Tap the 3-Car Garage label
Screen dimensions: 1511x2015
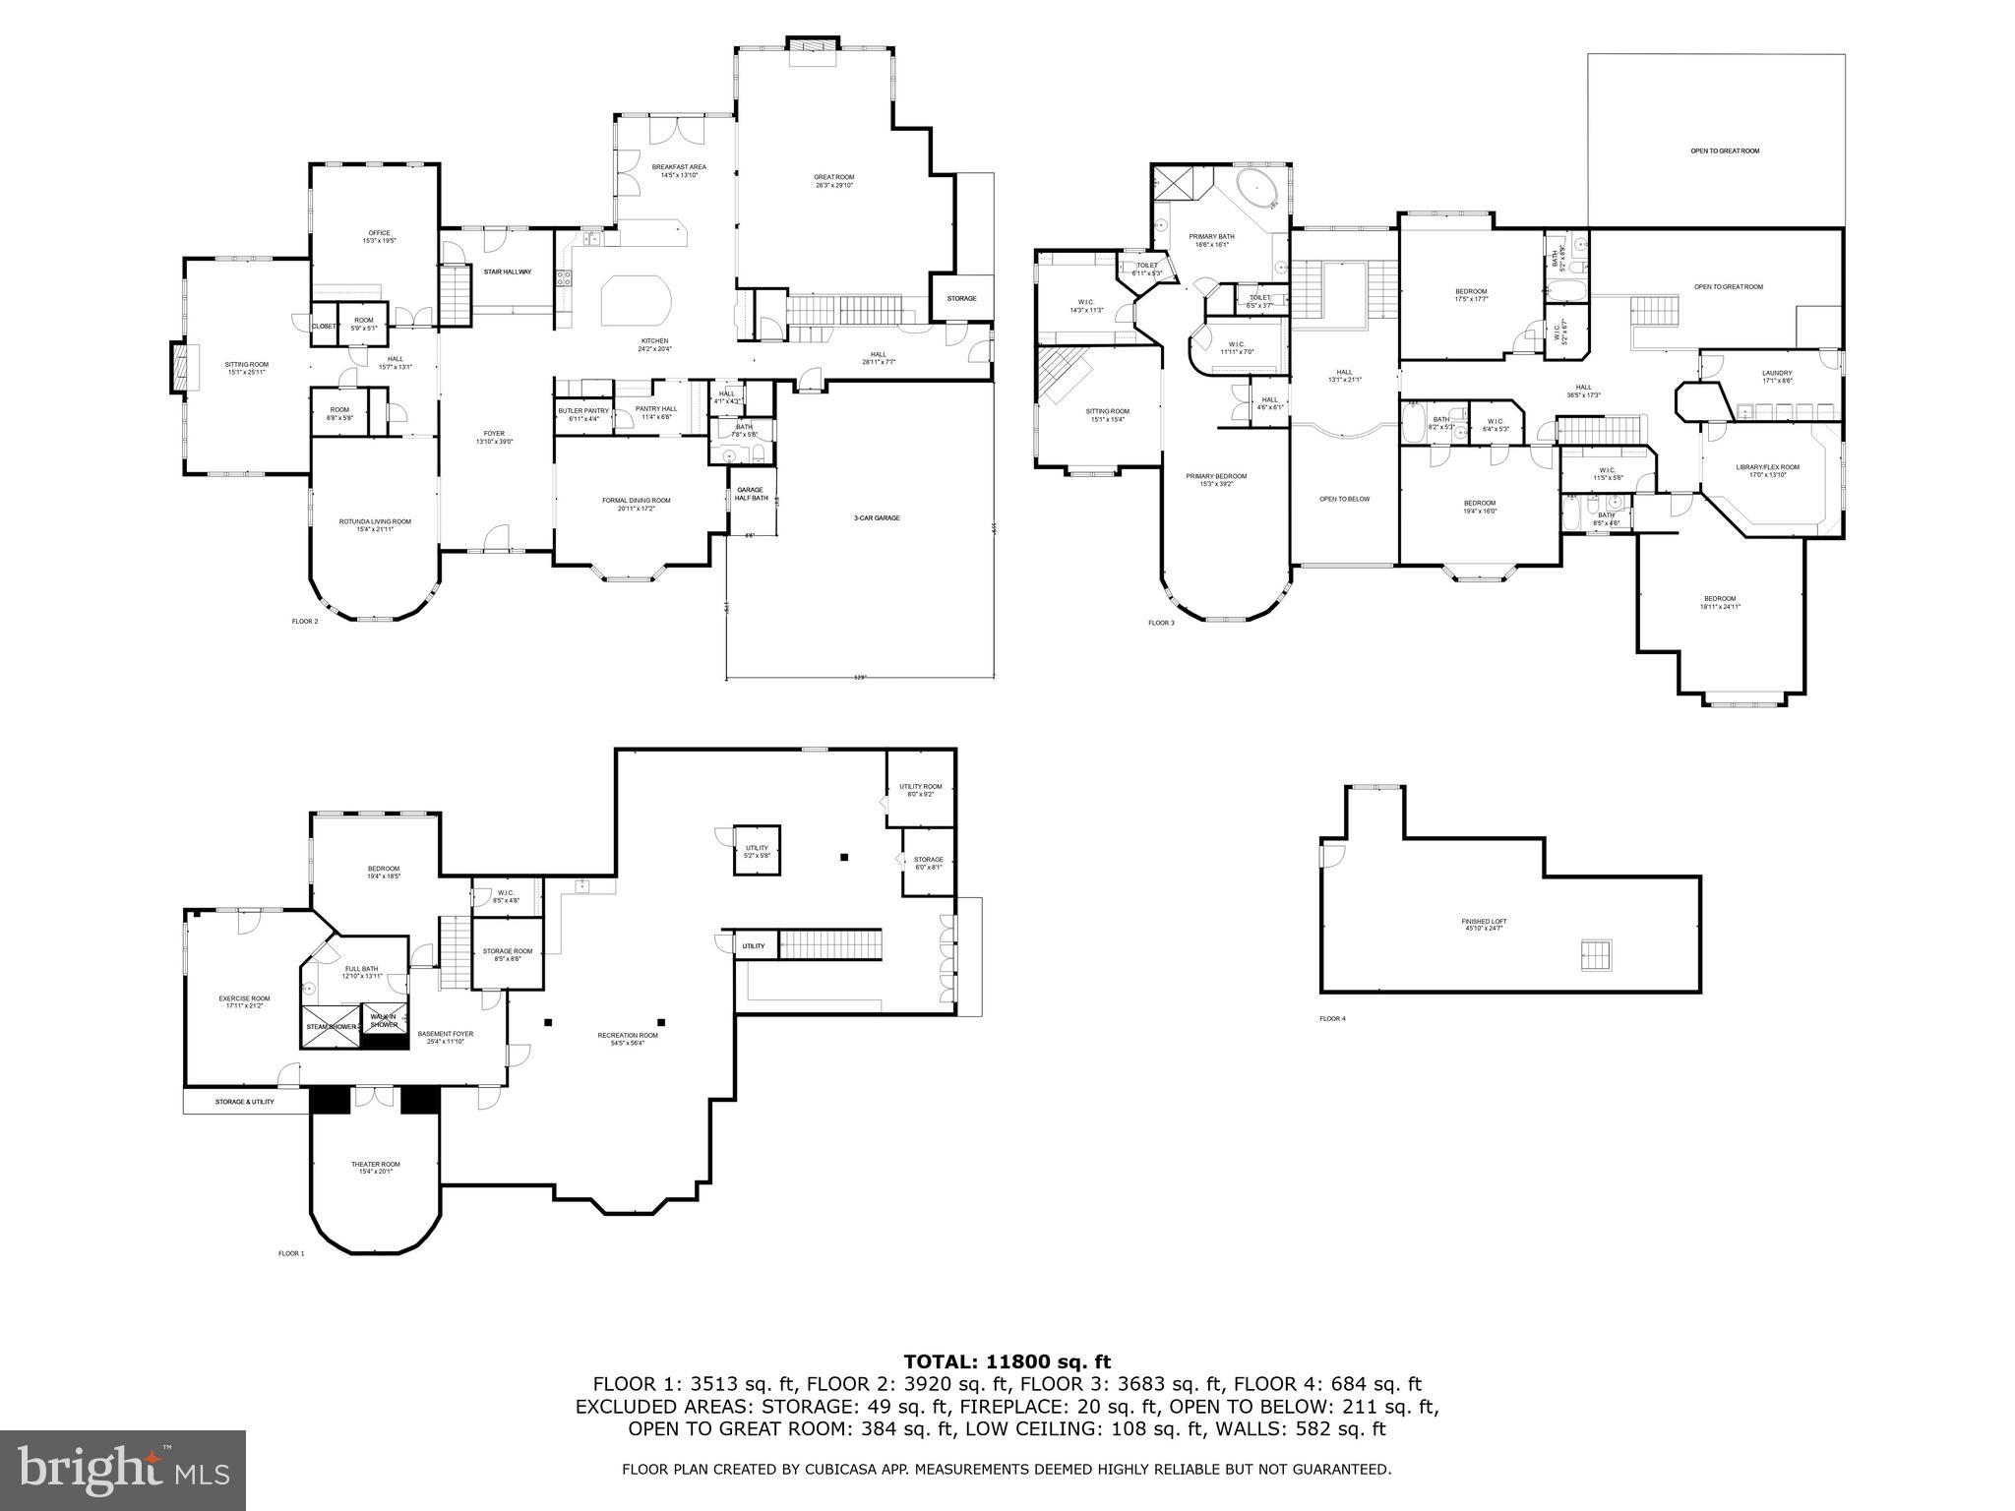pyautogui.click(x=876, y=517)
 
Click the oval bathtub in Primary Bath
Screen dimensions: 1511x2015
pyautogui.click(x=1256, y=189)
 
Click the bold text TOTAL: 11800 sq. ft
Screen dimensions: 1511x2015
pyautogui.click(x=1007, y=1362)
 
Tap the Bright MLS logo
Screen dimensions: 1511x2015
pyautogui.click(x=123, y=1471)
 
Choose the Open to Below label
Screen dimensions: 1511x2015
pyautogui.click(x=1344, y=499)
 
